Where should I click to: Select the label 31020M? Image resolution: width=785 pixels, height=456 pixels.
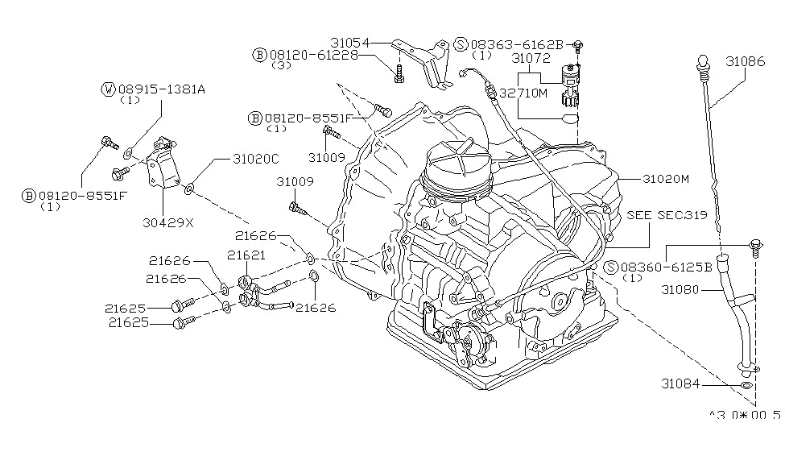click(665, 180)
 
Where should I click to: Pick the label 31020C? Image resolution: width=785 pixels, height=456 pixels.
click(233, 160)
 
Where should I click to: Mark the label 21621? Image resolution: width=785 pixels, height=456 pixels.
click(246, 255)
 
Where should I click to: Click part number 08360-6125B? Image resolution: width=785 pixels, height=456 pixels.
click(665, 267)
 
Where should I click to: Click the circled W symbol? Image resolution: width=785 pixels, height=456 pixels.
click(108, 89)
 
